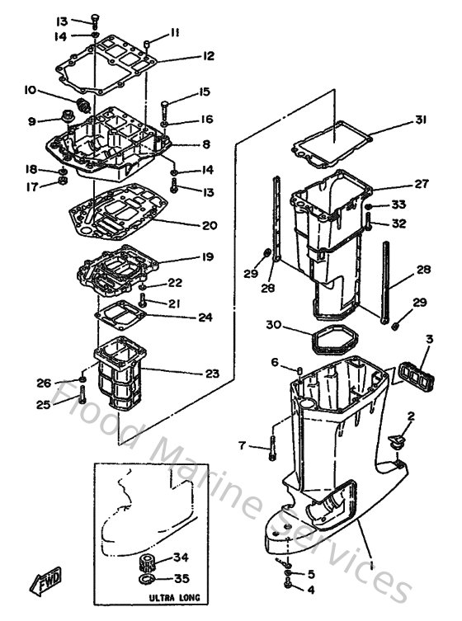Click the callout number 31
420,120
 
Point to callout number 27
421,184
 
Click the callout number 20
210,225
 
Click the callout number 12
207,56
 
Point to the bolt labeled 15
165,106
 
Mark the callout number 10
30,89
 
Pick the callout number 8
205,144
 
